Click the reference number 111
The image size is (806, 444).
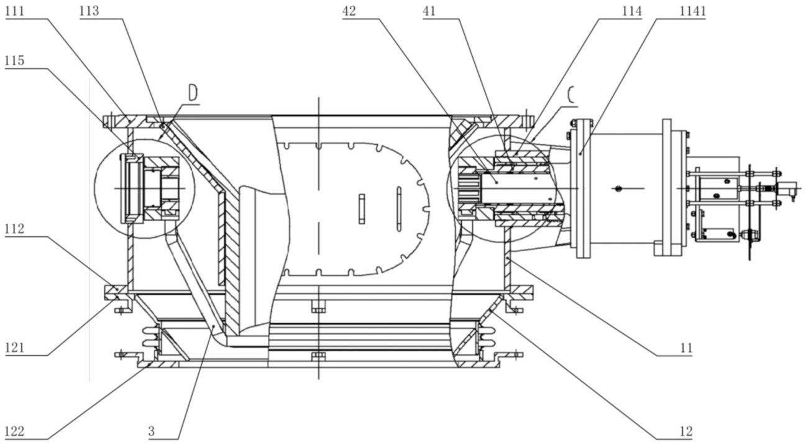pyautogui.click(x=14, y=11)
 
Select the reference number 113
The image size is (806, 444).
pyautogui.click(x=89, y=11)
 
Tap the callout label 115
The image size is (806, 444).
pyautogui.click(x=14, y=60)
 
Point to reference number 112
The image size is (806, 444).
pyautogui.click(x=14, y=229)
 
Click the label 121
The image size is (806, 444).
pyautogui.click(x=14, y=348)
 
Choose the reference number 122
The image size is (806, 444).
pyautogui.click(x=14, y=431)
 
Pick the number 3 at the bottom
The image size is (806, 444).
pyautogui.click(x=152, y=431)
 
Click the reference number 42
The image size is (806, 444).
pyautogui.click(x=349, y=11)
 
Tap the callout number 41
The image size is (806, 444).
pyautogui.click(x=429, y=11)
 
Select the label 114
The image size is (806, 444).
pyautogui.click(x=632, y=11)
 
